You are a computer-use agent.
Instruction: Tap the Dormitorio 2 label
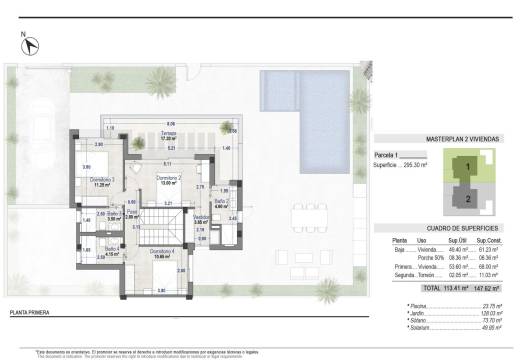pyautogui.click(x=167, y=180)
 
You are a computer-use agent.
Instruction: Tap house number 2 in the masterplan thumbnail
pyautogui.click(x=467, y=197)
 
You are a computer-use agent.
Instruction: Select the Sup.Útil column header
pyautogui.click(x=456, y=241)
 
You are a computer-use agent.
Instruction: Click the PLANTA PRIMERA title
pyautogui.click(x=30, y=313)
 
